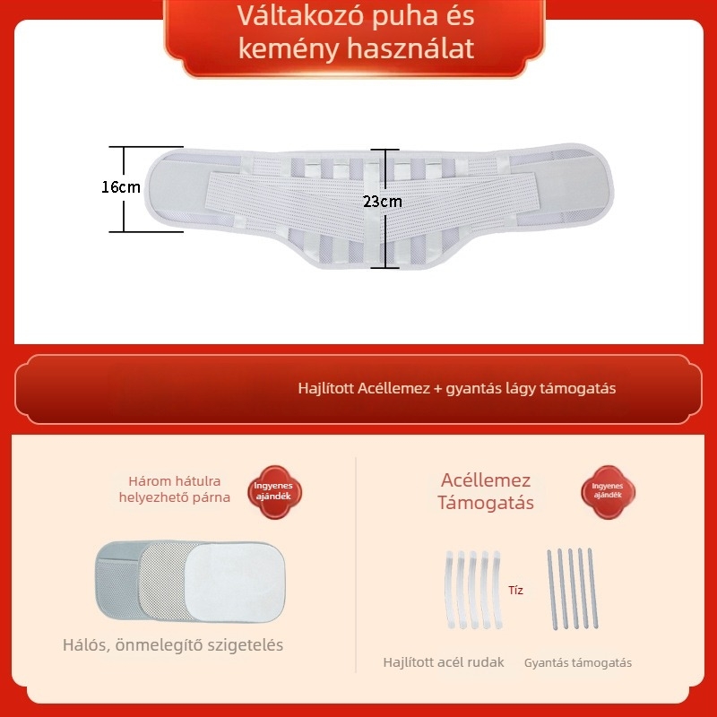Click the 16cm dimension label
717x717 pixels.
coord(121,186)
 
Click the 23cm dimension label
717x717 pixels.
coord(383,201)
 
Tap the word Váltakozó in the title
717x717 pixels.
coord(300,15)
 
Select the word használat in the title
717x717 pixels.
coord(410,48)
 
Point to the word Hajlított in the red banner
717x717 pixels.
coord(326,388)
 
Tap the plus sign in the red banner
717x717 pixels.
coord(437,389)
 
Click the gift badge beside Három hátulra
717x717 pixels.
coord(274,491)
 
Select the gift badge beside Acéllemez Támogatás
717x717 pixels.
coord(608,491)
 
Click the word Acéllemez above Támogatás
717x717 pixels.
coord(486,480)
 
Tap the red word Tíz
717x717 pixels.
coord(515,590)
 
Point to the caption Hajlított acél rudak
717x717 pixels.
coord(444,662)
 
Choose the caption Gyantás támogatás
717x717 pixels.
coord(578,662)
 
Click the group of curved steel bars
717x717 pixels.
coord(473,590)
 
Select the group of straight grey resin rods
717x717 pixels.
coord(573,589)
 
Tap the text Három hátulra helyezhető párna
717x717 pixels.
coord(175,488)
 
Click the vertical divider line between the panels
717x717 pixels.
coord(356,565)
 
